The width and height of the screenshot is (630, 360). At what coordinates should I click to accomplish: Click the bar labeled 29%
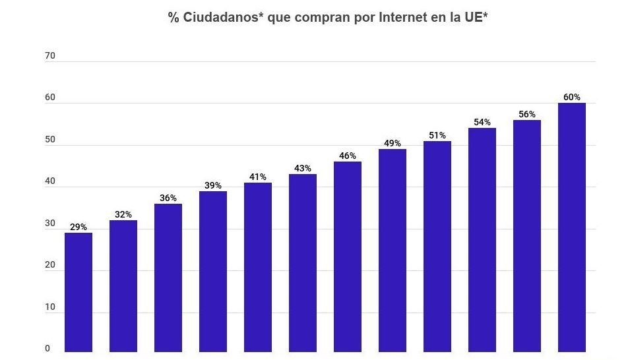[79, 292]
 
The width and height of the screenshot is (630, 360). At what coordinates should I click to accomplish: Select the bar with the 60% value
[571, 227]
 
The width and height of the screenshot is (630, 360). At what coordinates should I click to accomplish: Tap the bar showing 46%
[348, 256]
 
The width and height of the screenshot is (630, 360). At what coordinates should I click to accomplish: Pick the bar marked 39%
[213, 271]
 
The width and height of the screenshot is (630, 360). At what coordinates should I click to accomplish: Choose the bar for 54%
[482, 240]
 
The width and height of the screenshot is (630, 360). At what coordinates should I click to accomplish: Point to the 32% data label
[123, 214]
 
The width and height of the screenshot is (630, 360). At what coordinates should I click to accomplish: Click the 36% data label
[168, 198]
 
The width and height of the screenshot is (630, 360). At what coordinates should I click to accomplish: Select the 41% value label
[258, 177]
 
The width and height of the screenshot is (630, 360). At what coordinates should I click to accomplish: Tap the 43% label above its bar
[303, 168]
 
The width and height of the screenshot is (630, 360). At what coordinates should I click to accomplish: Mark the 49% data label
[393, 143]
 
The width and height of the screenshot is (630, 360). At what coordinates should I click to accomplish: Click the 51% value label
[437, 135]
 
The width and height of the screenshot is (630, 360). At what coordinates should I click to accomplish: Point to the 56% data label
[526, 114]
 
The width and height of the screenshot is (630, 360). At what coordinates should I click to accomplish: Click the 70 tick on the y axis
[50, 56]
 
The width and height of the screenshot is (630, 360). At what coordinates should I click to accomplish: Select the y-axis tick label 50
[50, 140]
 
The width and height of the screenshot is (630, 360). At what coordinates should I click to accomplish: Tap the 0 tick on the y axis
[47, 349]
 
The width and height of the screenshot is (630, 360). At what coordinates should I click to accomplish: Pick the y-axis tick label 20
[50, 266]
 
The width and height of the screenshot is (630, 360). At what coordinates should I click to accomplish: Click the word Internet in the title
[402, 18]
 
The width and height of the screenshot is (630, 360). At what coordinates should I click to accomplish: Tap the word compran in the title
[323, 18]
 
